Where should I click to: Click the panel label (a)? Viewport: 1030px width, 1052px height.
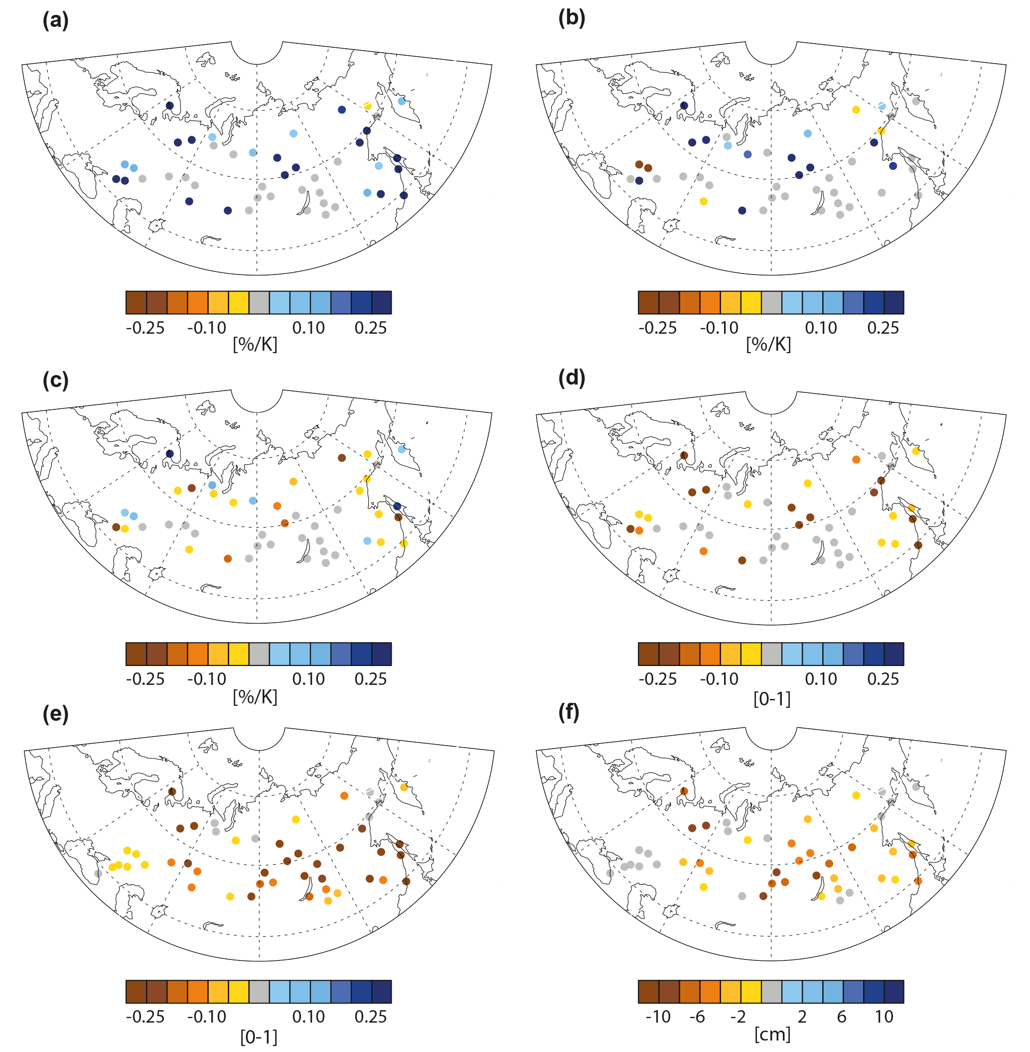coord(55,20)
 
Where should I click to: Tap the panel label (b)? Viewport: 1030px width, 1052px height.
coord(571,18)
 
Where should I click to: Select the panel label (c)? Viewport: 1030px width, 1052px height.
coord(55,380)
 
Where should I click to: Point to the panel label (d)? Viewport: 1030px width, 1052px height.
coord(571,378)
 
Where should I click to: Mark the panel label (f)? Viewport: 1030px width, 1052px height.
coord(569,713)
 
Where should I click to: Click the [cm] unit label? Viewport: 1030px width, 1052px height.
coord(772,1034)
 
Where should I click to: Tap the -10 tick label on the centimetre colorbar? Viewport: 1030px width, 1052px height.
coord(657,1016)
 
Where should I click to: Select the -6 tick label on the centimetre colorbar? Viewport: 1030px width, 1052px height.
coord(697,1016)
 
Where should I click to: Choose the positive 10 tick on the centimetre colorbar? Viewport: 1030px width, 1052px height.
coord(884,1016)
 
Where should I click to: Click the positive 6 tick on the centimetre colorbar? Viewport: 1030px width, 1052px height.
coord(842,1016)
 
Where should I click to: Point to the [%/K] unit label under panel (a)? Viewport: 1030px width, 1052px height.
coord(255,344)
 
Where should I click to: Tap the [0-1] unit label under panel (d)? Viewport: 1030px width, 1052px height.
coord(772,699)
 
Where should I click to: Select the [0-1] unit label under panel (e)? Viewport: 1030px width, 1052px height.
coord(259,1037)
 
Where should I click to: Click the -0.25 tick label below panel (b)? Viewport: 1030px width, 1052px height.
coord(657,328)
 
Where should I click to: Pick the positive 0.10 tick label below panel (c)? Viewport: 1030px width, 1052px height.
coord(308,679)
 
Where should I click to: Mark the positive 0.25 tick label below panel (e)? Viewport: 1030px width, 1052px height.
coord(371,1016)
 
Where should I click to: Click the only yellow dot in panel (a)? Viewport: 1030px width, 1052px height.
coord(367,106)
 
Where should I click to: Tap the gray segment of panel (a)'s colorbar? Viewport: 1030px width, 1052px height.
coord(259,302)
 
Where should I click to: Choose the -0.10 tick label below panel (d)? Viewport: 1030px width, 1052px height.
coord(719,679)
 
